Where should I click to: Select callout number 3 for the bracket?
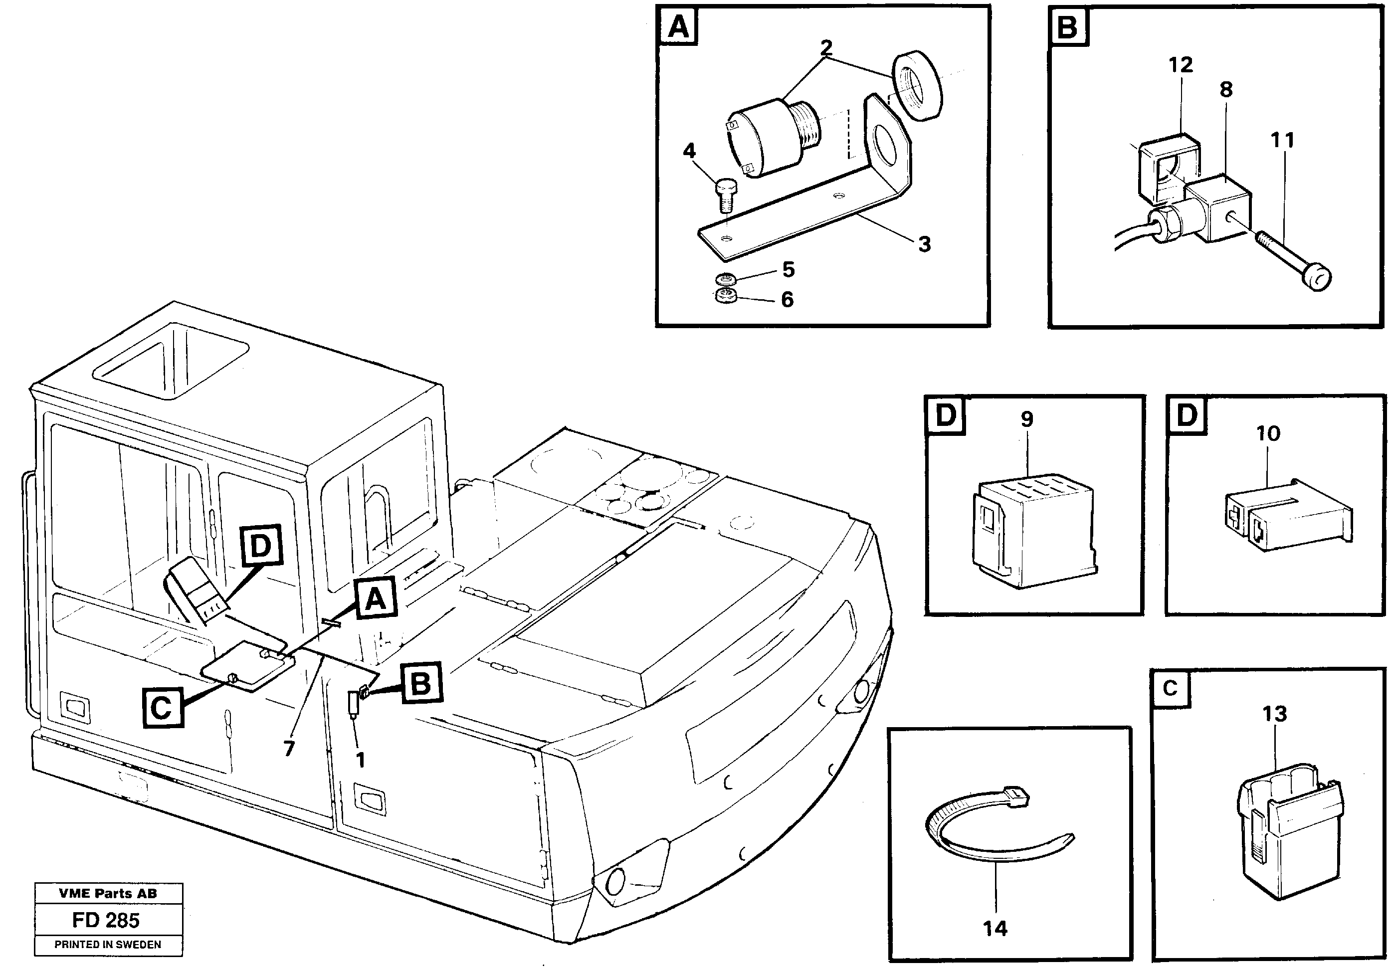coord(924,244)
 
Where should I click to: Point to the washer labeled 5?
coord(725,279)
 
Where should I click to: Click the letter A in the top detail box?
coord(678,27)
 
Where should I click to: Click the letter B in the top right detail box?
coord(1068,27)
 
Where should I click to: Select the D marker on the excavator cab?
coord(260,546)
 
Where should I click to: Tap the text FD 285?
coord(106,920)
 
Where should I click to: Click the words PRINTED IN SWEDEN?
coord(108,945)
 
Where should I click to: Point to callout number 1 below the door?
coord(361,760)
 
